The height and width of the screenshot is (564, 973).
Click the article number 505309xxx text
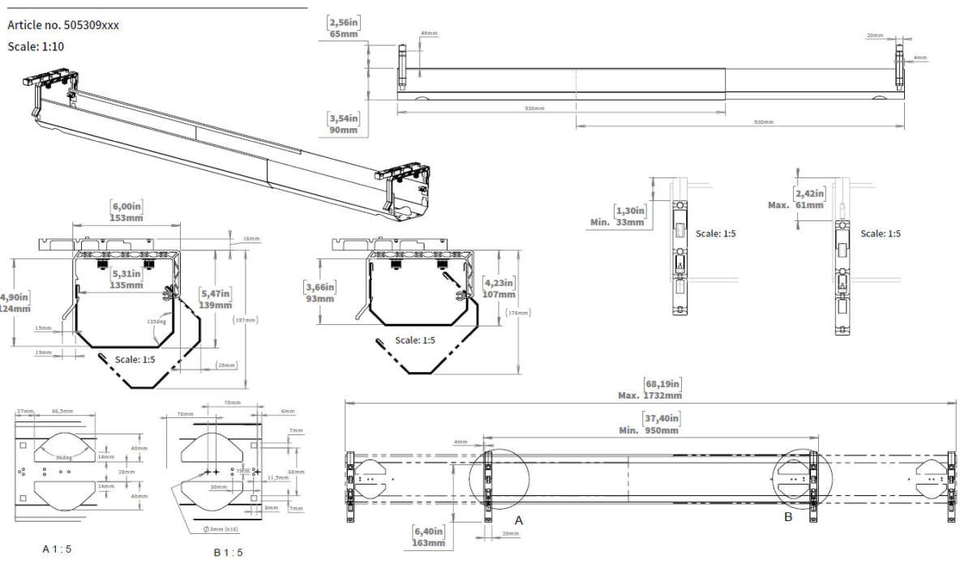click(63, 25)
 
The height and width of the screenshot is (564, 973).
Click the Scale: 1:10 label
click(36, 46)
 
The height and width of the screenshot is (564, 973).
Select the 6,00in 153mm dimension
click(126, 211)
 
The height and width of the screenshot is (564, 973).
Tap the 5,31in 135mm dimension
click(126, 279)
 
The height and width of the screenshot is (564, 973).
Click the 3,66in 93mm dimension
click(319, 293)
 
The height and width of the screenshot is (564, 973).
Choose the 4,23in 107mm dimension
click(499, 288)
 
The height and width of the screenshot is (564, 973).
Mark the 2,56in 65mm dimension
click(344, 28)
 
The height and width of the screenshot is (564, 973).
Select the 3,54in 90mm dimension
click(343, 124)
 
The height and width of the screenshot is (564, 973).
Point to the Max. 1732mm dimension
click(649, 390)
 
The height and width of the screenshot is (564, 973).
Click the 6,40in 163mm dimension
click(429, 536)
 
